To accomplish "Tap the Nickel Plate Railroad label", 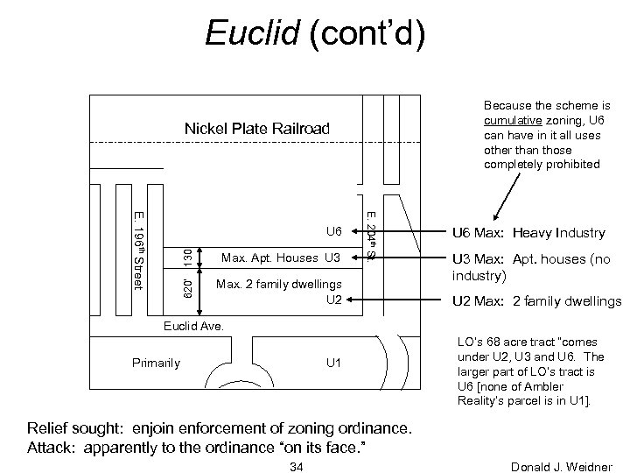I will pyautogui.click(x=257, y=130).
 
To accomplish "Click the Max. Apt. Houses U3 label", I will pyautogui.click(x=280, y=258).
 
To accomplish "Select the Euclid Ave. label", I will pyautogui.click(x=194, y=325).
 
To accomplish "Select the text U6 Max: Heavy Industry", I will pyautogui.click(x=528, y=233).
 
